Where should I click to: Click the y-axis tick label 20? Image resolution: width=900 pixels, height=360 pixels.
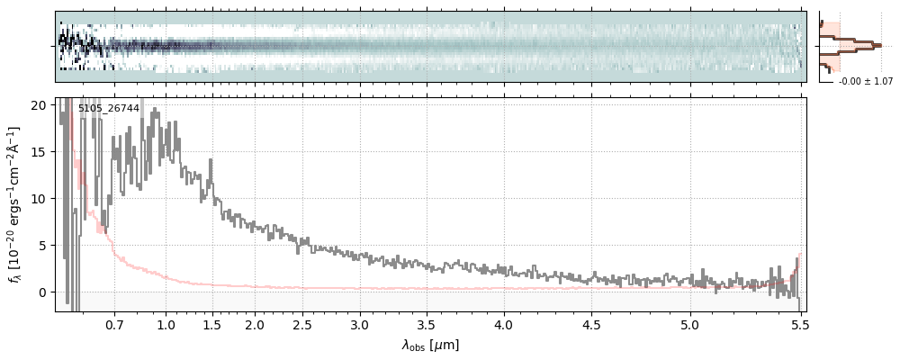click(x=40, y=104)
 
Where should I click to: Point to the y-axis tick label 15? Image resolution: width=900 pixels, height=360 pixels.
click(x=40, y=151)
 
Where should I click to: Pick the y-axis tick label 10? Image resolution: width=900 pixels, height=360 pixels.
click(x=40, y=198)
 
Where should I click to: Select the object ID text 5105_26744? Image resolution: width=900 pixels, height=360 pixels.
click(x=108, y=108)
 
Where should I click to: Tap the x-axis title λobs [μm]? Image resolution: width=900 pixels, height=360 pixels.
click(x=430, y=345)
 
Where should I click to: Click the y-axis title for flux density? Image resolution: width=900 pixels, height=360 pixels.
click(x=15, y=204)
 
